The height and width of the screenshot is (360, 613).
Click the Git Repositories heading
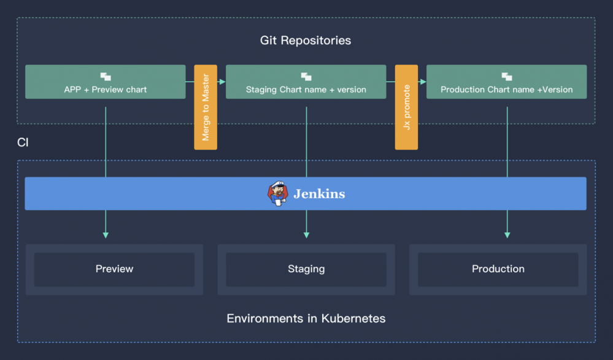[x=306, y=40]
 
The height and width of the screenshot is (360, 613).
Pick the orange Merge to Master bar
[x=206, y=107]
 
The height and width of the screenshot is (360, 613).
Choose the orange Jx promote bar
[x=406, y=107]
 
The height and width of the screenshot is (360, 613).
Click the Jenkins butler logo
[x=278, y=193]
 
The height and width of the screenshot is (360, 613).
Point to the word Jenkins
[x=319, y=194]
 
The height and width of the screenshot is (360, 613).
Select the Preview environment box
[x=114, y=269]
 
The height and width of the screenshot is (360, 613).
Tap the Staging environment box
[x=306, y=269]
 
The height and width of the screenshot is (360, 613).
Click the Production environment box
[x=498, y=269]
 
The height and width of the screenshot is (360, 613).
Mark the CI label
[x=23, y=142]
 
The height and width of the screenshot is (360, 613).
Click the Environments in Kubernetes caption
[x=306, y=318]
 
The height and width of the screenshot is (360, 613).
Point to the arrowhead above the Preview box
[x=106, y=234]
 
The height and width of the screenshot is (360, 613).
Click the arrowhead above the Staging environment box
[x=306, y=234]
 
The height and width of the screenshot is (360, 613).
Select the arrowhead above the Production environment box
[x=507, y=234]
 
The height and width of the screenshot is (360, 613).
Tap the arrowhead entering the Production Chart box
[x=423, y=81]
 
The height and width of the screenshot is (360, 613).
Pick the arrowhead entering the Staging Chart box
[x=222, y=81]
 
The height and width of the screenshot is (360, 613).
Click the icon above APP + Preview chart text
[x=106, y=77]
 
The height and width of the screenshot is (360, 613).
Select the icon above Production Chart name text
[x=506, y=77]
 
